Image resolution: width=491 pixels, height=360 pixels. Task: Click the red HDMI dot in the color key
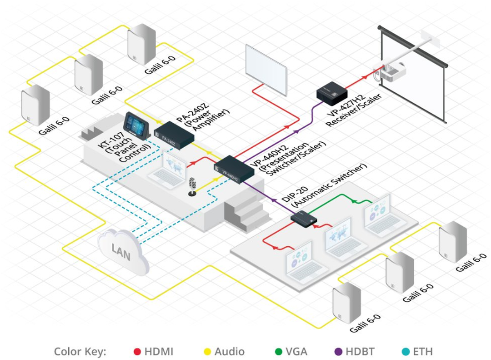click(138, 351)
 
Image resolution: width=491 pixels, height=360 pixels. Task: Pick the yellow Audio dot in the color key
click(207, 351)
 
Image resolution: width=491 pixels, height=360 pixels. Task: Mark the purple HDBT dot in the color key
click(338, 351)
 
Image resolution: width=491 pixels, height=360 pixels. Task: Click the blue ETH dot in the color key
click(405, 351)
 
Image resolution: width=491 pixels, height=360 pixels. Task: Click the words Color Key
click(80, 351)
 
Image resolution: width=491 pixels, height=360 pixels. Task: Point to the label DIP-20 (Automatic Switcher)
click(323, 187)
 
